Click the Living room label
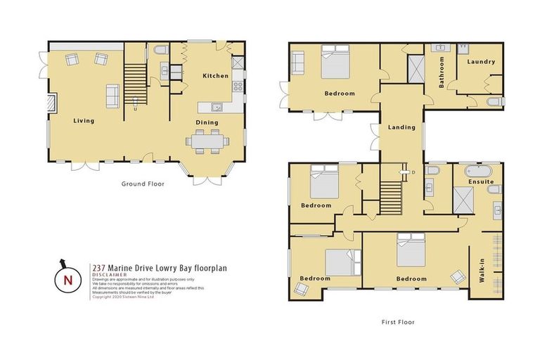(x=84, y=120)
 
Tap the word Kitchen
(x=215, y=75)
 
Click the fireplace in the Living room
(x=49, y=105)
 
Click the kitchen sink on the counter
(x=217, y=107)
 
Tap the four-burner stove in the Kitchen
(x=238, y=87)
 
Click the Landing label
(x=401, y=127)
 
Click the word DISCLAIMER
(x=110, y=274)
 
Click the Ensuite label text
(x=480, y=182)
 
